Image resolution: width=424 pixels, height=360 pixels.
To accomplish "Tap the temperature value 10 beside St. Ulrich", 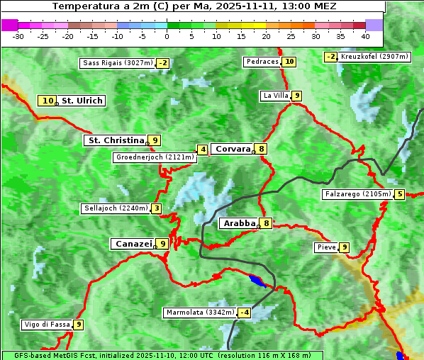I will click(47, 101).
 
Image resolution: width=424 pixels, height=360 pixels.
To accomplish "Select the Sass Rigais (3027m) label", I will click(118, 63).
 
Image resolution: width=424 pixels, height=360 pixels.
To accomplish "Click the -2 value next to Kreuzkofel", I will click(330, 57).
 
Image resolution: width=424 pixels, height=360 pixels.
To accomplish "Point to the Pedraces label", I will click(262, 62).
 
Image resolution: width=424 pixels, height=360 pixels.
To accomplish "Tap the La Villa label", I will click(275, 96).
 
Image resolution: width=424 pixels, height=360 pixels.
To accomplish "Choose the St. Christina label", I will click(115, 140).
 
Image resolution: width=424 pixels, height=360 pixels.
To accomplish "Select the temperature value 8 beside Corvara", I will click(262, 149).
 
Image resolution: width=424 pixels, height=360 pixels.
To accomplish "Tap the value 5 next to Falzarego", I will click(400, 194).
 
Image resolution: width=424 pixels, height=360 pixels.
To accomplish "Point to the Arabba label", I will click(239, 223).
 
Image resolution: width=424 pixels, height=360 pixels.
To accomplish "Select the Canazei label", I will click(133, 243).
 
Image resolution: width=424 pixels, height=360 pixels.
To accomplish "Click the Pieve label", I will click(326, 247).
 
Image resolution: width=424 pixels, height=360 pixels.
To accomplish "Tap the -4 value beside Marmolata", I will click(245, 313).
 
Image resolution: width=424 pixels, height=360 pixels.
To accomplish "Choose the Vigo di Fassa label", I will click(48, 325).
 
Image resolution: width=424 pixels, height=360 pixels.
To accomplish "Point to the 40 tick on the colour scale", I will click(364, 35).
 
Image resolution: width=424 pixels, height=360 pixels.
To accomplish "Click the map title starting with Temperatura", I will click(194, 6).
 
